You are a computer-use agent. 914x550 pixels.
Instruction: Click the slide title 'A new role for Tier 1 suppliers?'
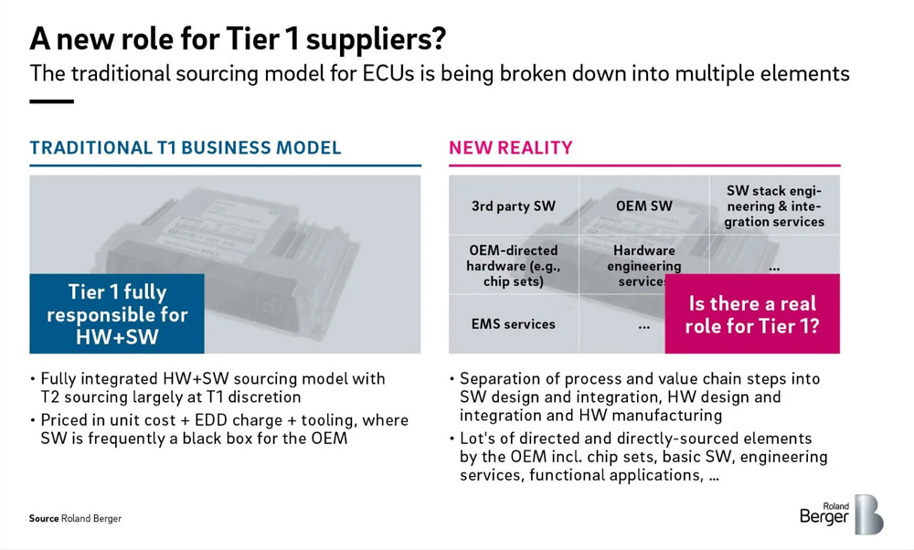point(238,39)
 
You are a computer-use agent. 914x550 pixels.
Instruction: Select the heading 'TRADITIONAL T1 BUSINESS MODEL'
point(186,148)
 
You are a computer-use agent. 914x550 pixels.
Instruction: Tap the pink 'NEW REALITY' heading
point(511,148)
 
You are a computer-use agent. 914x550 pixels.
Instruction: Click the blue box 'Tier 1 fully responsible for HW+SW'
point(117,313)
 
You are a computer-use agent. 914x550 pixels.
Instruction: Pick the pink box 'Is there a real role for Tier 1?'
point(752,313)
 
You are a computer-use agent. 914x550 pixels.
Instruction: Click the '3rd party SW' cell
point(514,206)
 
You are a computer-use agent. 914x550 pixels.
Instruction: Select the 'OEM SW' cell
point(644,206)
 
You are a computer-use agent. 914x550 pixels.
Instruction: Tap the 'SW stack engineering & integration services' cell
point(775,206)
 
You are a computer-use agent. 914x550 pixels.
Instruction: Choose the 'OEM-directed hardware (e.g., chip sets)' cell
point(514,265)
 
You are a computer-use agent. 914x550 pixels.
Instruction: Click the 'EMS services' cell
point(514,324)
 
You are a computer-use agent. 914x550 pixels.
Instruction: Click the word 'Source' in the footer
point(44,519)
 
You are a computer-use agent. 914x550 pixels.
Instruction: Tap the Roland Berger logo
point(842,513)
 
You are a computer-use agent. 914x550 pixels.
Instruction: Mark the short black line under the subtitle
point(51,101)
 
